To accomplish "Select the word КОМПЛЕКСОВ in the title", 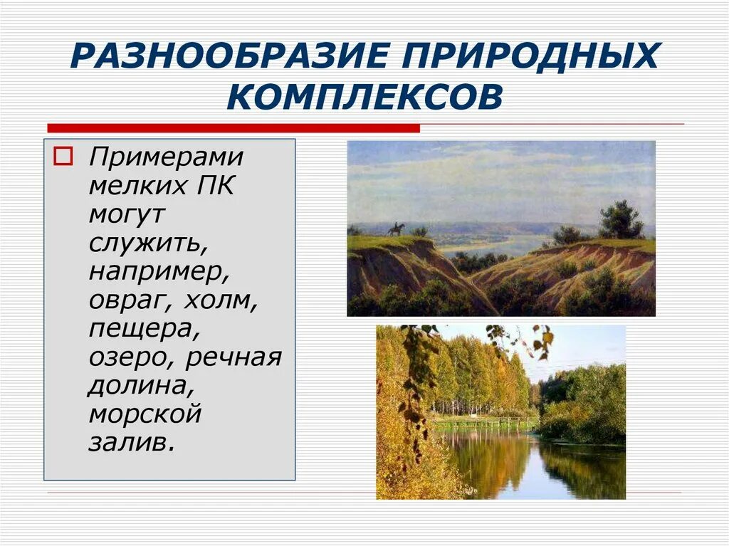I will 364,96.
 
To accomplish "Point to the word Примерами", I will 166,157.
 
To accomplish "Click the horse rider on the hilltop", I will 396,229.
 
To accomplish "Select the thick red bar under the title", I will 233,128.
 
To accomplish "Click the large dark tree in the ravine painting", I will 620,221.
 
